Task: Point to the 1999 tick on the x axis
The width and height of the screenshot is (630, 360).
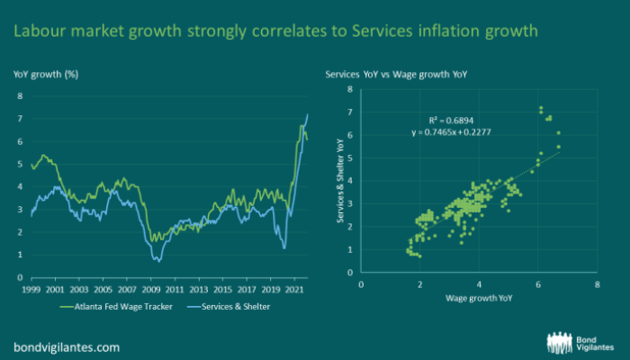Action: [32, 292]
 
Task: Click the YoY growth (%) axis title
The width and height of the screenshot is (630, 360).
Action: [45, 72]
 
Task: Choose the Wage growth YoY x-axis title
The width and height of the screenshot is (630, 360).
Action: [478, 298]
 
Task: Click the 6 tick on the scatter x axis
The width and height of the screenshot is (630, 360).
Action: [538, 283]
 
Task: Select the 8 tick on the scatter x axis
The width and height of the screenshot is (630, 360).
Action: [597, 283]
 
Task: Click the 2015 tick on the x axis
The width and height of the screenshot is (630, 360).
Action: [224, 292]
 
